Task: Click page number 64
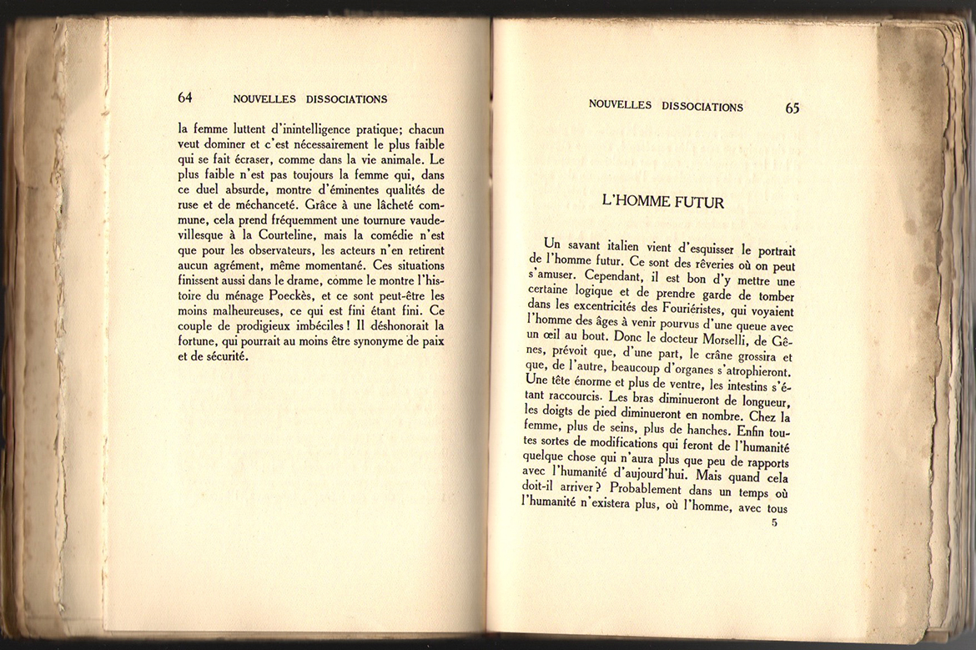pos(185,98)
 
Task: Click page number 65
pos(792,108)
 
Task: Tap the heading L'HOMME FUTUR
pos(662,202)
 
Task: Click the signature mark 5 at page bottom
pos(774,523)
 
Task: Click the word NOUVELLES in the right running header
pos(620,106)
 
